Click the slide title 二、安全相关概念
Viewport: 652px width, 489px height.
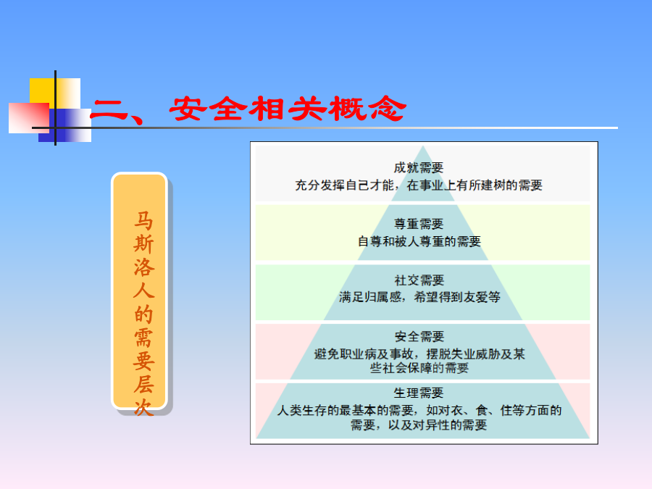click(248, 109)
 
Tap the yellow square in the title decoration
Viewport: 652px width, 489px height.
click(55, 93)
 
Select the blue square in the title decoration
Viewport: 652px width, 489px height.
click(65, 125)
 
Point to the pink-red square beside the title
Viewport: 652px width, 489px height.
click(29, 118)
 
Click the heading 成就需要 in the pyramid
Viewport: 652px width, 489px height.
click(419, 167)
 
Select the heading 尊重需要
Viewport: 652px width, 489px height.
click(419, 224)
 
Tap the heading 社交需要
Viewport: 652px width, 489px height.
click(419, 280)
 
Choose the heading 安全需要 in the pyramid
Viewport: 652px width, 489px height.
click(419, 336)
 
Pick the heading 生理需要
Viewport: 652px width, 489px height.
click(419, 393)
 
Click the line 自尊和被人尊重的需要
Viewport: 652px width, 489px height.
click(419, 241)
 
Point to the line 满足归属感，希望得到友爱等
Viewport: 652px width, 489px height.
click(419, 297)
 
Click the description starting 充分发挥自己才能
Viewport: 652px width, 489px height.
click(419, 185)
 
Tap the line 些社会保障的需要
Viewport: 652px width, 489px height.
click(419, 368)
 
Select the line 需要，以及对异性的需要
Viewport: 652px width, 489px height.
click(419, 425)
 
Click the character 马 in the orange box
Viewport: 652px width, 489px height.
click(143, 221)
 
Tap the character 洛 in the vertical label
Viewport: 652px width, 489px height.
click(143, 267)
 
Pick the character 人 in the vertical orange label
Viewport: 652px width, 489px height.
click(143, 290)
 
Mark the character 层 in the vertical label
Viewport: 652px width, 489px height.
click(143, 384)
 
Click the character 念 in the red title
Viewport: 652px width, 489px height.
click(388, 109)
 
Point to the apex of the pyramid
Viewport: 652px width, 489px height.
click(423, 146)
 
